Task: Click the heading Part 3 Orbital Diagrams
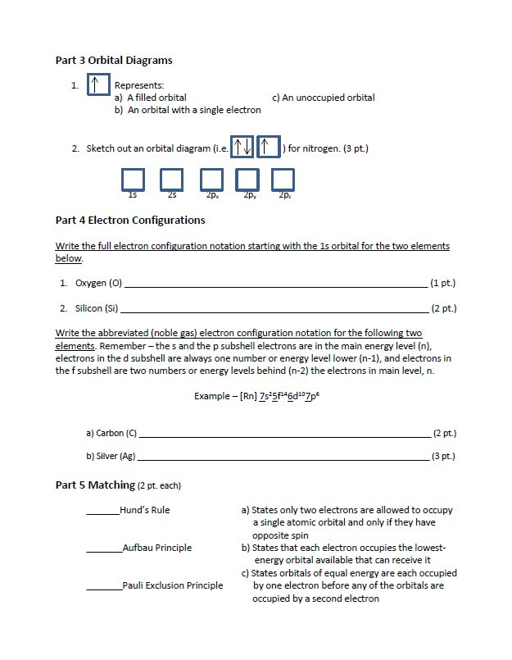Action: tap(114, 60)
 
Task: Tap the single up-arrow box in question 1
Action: tap(97, 85)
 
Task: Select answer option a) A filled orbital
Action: tap(151, 98)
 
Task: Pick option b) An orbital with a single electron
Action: tap(188, 110)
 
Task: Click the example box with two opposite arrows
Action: tap(242, 148)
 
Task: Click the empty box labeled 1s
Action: tap(133, 180)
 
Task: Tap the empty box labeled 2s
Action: tap(171, 180)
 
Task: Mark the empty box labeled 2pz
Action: tap(283, 180)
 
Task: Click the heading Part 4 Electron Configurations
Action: tap(130, 220)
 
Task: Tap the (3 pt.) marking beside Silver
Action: tap(443, 456)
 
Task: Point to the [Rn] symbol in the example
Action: tap(248, 396)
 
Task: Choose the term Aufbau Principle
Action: tap(156, 548)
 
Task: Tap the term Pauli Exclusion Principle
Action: tap(172, 585)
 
